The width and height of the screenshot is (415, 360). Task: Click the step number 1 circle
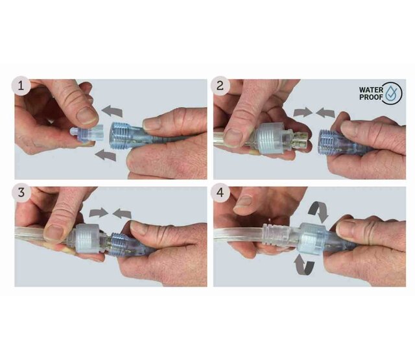(21, 86)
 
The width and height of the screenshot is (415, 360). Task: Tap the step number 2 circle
(220, 86)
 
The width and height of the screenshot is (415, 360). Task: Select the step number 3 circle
(21, 193)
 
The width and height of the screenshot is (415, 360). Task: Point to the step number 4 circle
(220, 193)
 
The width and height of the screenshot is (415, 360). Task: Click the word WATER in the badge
(371, 90)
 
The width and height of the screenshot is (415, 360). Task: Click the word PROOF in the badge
(371, 97)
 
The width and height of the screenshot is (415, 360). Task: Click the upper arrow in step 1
(112, 111)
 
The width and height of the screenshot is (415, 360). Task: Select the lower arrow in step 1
(106, 155)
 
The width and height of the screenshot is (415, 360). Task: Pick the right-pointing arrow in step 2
(303, 112)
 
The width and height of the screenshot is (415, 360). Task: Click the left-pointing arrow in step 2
(326, 112)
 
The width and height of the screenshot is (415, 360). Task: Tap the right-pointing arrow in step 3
(99, 212)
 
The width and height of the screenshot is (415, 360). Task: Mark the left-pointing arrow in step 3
(122, 213)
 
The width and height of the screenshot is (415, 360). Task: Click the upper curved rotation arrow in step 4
(319, 211)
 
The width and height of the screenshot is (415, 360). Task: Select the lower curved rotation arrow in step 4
(304, 264)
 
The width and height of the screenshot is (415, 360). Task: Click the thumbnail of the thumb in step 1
(86, 116)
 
